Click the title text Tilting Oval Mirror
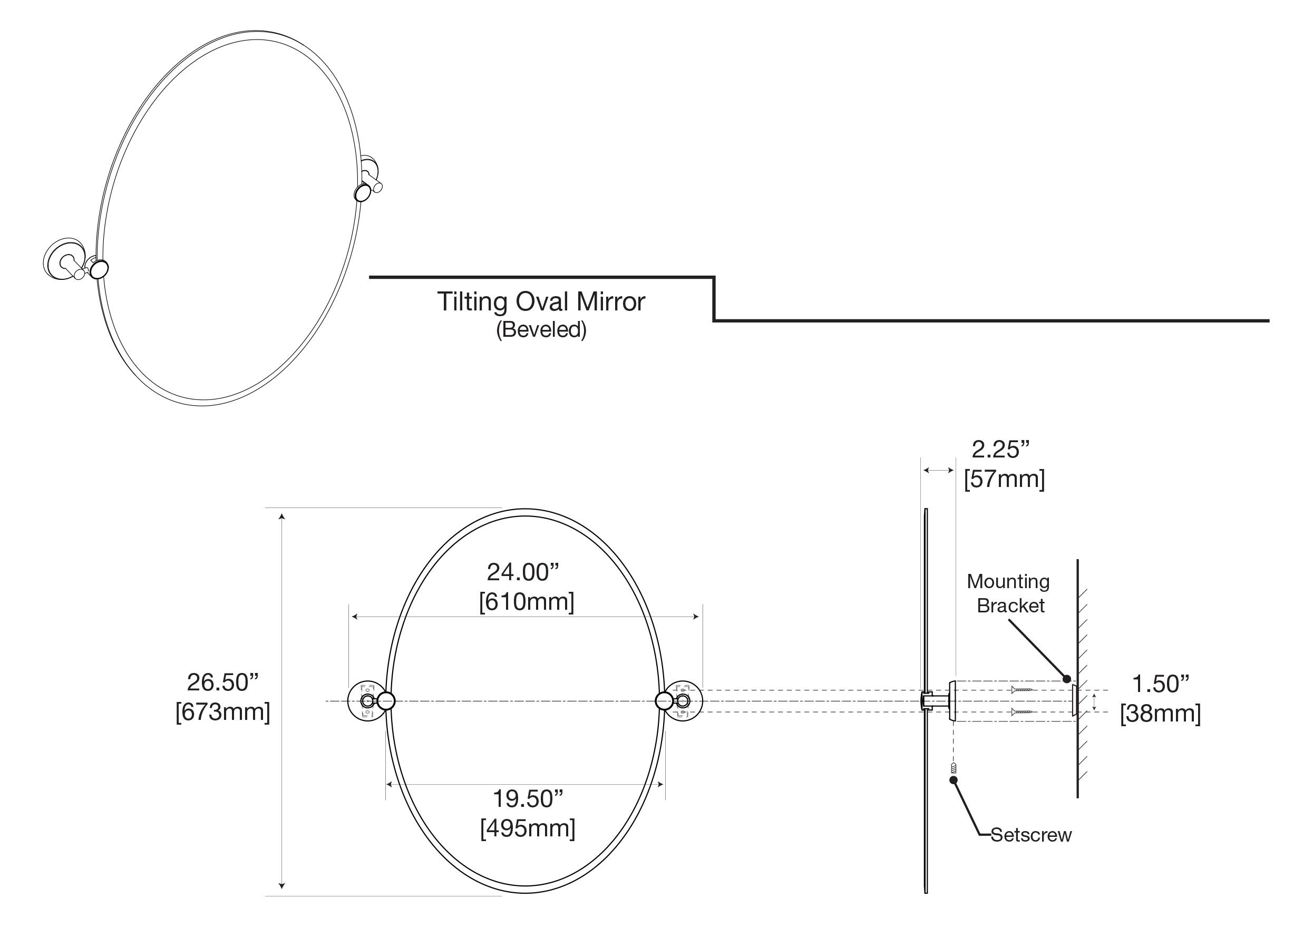pyautogui.click(x=541, y=302)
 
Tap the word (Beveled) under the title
pyautogui.click(x=541, y=330)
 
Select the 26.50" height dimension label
pyautogui.click(x=223, y=682)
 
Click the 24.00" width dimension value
pyautogui.click(x=523, y=572)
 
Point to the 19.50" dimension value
pyautogui.click(x=528, y=798)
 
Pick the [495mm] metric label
pyautogui.click(x=528, y=827)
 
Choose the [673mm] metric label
pyautogui.click(x=223, y=712)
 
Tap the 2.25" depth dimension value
pyautogui.click(x=1001, y=450)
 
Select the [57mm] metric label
pyautogui.click(x=1004, y=479)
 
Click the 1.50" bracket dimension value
pyautogui.click(x=1161, y=684)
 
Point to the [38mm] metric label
pyautogui.click(x=1160, y=714)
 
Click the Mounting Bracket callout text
pyautogui.click(x=1009, y=593)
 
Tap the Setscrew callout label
pyautogui.click(x=1031, y=835)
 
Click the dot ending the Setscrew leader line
pyautogui.click(x=954, y=780)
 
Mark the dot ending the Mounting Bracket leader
pyautogui.click(x=1066, y=679)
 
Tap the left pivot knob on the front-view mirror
pyautogui.click(x=386, y=700)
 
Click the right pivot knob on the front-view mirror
pyautogui.click(x=665, y=700)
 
